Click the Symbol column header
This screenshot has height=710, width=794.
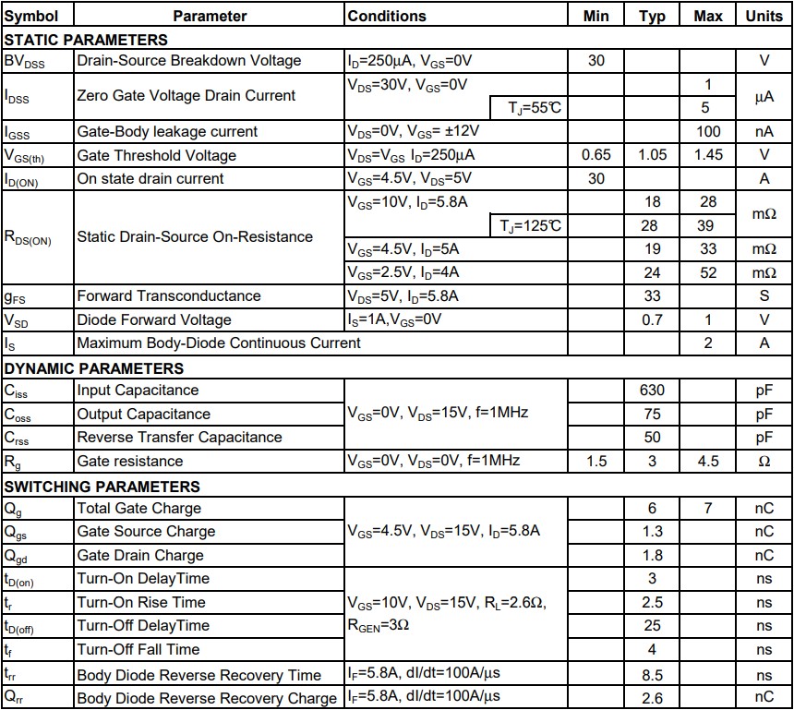tap(31, 16)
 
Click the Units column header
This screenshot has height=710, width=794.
tap(764, 16)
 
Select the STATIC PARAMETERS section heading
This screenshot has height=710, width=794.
tap(86, 40)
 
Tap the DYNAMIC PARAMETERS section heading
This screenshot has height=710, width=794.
tap(93, 368)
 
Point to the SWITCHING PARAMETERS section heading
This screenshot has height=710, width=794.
tap(102, 487)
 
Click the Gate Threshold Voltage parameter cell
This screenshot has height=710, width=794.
tap(156, 155)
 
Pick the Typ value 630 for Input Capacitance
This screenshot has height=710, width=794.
tap(652, 391)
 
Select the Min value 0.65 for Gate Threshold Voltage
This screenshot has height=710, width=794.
tap(596, 155)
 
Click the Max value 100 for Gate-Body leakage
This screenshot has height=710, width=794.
tap(708, 131)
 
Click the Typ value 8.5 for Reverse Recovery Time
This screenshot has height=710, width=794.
tap(652, 675)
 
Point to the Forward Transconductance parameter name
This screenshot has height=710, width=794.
tap(168, 296)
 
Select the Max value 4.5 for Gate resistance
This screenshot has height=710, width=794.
tap(708, 461)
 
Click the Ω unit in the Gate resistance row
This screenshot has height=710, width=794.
tap(764, 461)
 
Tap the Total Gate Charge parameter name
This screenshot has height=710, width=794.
tap(138, 508)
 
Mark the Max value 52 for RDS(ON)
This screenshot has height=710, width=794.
tap(708, 272)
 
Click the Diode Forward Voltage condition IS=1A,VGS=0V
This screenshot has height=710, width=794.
tap(394, 319)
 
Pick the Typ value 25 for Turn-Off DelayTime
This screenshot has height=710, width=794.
tap(652, 626)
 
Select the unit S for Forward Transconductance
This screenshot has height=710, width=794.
tap(764, 296)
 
